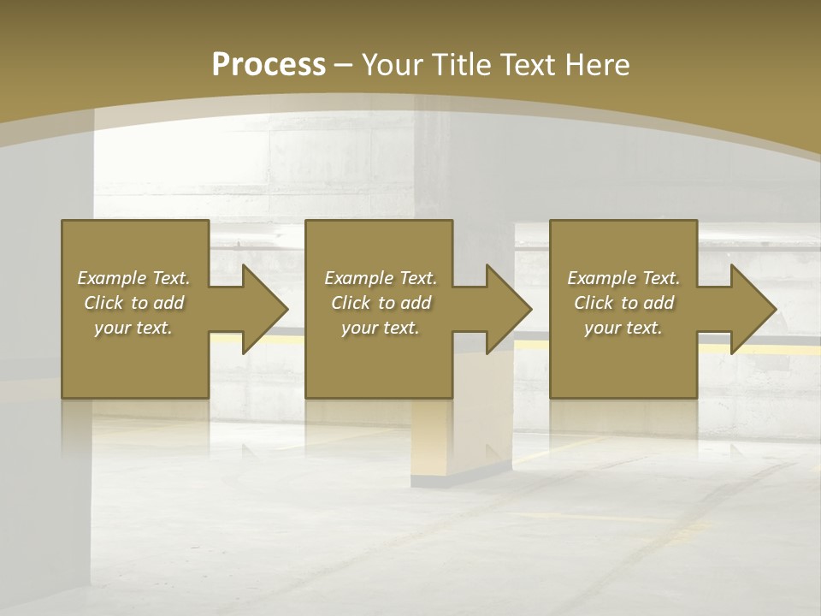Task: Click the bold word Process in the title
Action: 269,65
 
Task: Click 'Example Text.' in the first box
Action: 133,278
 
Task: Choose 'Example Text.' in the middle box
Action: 381,278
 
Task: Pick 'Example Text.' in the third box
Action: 623,278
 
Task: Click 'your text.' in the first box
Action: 133,328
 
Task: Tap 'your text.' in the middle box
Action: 381,328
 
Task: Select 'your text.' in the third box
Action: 623,328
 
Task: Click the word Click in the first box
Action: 103,303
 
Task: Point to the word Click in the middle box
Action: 351,303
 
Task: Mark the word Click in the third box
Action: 594,303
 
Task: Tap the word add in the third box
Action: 659,303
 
